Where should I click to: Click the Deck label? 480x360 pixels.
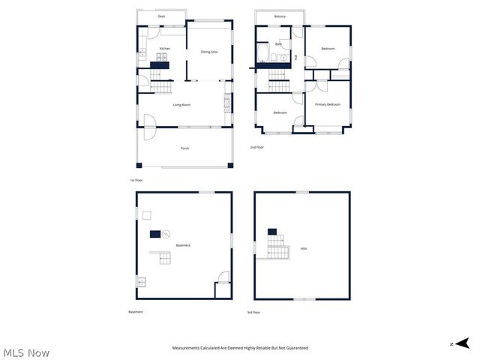161,16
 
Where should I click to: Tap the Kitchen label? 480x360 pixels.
164,49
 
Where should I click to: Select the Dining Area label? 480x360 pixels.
209,52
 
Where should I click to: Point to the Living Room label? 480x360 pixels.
181,105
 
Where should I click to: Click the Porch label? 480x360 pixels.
184,148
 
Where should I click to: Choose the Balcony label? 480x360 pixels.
280,16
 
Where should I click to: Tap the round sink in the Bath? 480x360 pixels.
284,56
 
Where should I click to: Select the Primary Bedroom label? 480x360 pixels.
328,104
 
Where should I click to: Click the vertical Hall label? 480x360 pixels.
295,57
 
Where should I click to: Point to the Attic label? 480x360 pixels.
304,248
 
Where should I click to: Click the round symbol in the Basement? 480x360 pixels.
166,234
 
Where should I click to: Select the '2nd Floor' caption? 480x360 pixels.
257,148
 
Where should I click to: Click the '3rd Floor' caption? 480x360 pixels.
254,312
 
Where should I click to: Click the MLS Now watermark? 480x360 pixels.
26,352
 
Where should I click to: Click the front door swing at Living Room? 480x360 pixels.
148,121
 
